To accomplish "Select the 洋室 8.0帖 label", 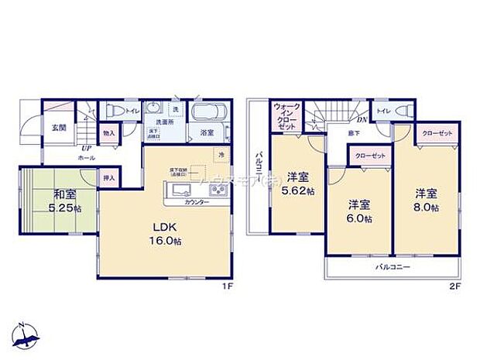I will click(426, 200).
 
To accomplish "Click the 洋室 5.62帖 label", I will click(298, 183).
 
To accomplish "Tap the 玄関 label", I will click(58, 128).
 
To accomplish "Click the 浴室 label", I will click(207, 133).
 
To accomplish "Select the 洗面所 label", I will click(160, 122).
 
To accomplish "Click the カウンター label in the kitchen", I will click(196, 202).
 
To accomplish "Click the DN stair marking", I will click(361, 119).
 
